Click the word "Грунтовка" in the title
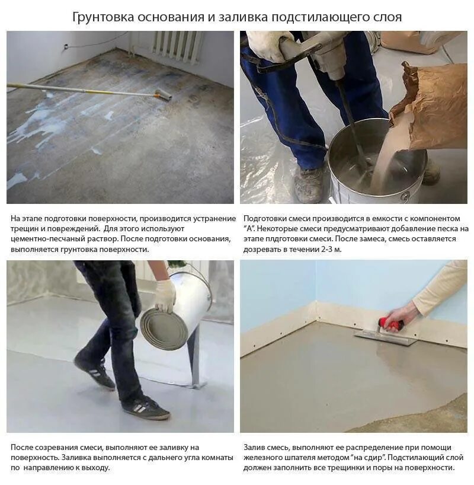[101, 17]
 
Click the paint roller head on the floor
[164, 94]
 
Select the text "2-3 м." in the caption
[329, 249]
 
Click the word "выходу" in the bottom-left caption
[96, 467]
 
